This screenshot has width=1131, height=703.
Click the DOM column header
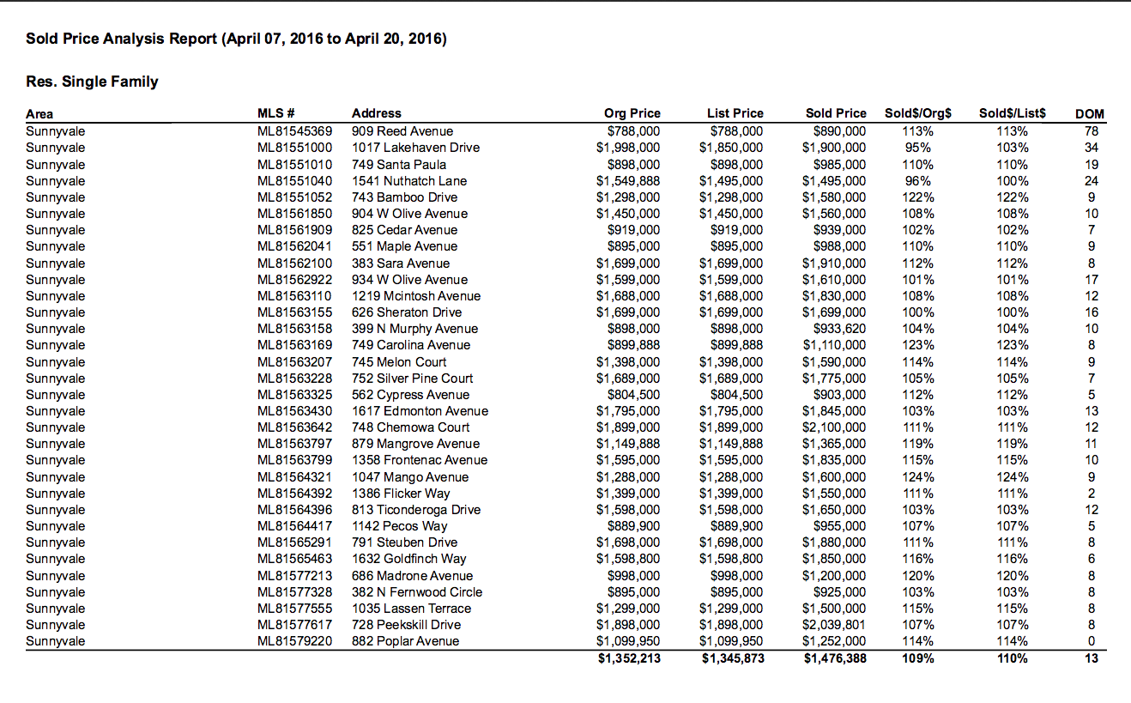(1089, 114)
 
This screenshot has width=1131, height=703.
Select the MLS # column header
(276, 113)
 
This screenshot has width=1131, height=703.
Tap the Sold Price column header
(836, 113)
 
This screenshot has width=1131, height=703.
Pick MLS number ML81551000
(294, 148)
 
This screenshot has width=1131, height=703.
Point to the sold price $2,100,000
(834, 427)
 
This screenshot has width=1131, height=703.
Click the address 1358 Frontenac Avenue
(420, 460)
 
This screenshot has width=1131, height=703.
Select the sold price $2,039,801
(834, 625)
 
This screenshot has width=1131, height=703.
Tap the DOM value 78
(1091, 131)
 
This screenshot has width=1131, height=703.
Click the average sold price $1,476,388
(834, 659)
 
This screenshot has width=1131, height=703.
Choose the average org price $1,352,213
(629, 659)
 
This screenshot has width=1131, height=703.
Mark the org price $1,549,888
(628, 181)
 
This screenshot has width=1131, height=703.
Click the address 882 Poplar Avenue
(405, 641)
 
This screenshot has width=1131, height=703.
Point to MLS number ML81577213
(294, 576)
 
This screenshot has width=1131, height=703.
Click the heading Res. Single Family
(92, 82)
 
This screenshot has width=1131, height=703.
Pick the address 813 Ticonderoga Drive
(416, 510)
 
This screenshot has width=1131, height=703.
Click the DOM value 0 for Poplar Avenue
(1092, 641)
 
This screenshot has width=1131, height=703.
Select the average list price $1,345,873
(732, 659)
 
